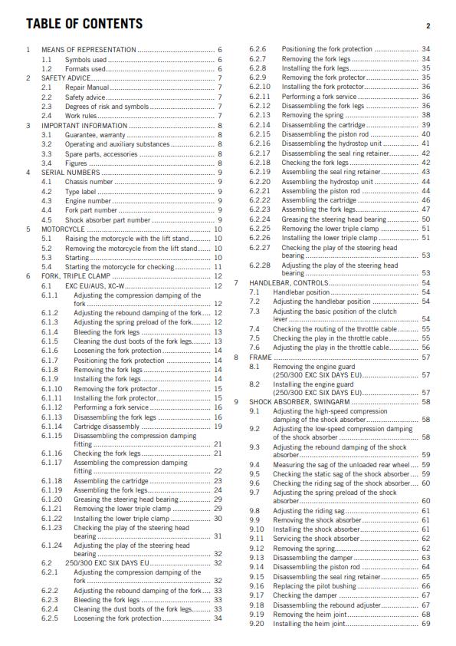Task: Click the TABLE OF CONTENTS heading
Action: click(84, 25)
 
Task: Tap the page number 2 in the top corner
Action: click(428, 26)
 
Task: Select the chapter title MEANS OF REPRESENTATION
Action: click(89, 49)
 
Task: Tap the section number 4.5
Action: click(47, 219)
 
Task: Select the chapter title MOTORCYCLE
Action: click(64, 229)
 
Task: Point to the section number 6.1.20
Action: click(51, 499)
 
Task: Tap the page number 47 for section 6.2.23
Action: click(425, 209)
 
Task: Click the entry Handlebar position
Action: click(301, 292)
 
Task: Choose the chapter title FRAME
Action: click(261, 357)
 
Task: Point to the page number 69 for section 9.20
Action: click(425, 623)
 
